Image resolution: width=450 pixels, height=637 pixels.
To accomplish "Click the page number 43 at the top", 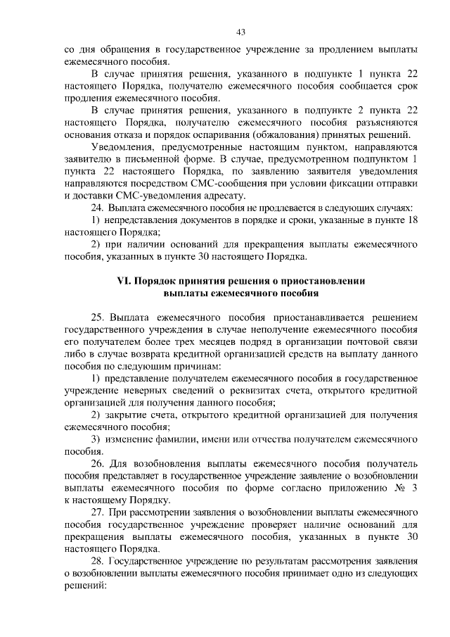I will pyautogui.click(x=240, y=32).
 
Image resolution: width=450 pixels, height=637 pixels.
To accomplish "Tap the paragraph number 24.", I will pyautogui.click(x=98, y=208).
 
